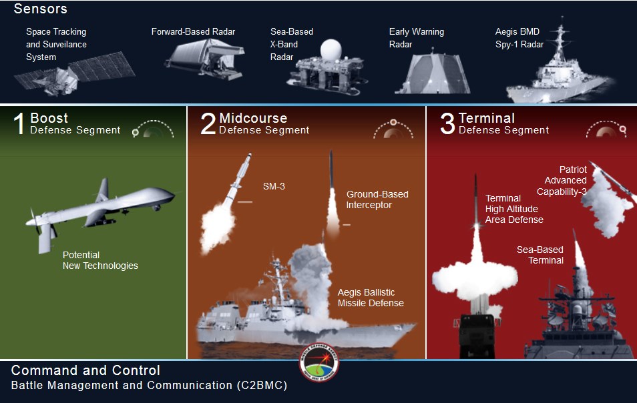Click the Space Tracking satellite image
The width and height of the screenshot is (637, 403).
coord(73,77)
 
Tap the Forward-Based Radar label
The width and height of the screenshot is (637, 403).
coord(193,31)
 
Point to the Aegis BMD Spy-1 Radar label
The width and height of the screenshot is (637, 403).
coord(519,38)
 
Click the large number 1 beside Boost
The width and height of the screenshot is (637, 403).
coord(19,124)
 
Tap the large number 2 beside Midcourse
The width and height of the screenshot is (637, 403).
coord(208,124)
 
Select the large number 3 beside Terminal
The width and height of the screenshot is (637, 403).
coord(447,124)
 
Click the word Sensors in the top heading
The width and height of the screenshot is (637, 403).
coord(40,9)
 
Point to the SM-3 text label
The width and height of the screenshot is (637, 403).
coord(274,186)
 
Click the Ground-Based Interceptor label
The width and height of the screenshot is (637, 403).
coord(377,199)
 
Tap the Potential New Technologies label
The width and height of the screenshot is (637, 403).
coord(100,260)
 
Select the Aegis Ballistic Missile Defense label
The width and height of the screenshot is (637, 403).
coord(371,298)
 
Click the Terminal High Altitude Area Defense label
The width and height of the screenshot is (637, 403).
coord(514,209)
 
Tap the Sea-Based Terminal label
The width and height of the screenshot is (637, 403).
coord(540,255)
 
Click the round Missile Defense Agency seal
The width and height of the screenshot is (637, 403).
coord(318,368)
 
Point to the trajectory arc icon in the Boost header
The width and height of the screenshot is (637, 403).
coord(153,129)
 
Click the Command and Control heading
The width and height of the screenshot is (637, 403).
coord(85,370)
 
